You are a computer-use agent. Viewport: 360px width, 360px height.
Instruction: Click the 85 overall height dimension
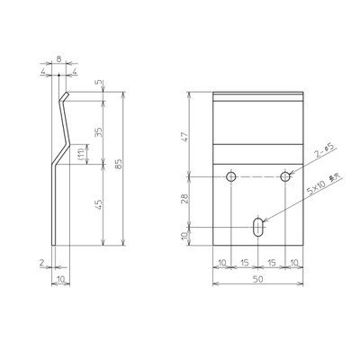(x=118, y=167)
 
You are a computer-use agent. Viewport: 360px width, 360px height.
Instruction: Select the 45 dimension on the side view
(x=100, y=204)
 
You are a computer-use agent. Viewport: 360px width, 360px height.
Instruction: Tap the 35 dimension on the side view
(x=100, y=131)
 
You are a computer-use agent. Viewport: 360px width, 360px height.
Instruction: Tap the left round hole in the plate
(x=231, y=175)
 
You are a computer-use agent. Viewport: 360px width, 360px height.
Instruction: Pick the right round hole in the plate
(x=285, y=175)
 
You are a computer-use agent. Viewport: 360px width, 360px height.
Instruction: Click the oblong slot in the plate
(x=258, y=228)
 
